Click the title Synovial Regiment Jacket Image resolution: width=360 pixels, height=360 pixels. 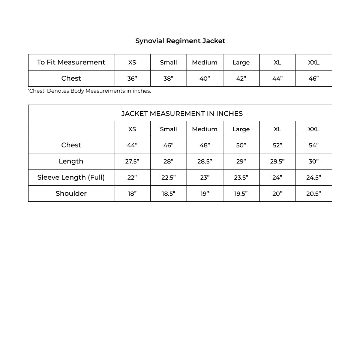pyautogui.click(x=180, y=41)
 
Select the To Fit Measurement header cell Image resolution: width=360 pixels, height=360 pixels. pyautogui.click(x=71, y=62)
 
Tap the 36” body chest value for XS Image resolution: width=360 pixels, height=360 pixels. pyautogui.click(x=132, y=78)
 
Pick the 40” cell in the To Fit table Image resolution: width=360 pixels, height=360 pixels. pyautogui.click(x=205, y=78)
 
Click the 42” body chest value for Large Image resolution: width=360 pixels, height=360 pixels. pyautogui.click(x=241, y=78)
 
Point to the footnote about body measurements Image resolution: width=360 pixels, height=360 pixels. pyautogui.click(x=90, y=91)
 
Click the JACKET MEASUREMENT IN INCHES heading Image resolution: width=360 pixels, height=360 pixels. pyautogui.click(x=182, y=113)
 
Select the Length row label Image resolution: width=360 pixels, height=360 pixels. pyautogui.click(x=71, y=161)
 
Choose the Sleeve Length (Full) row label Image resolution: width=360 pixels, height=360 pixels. pyautogui.click(x=71, y=177)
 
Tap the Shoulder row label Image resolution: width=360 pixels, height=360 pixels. pyautogui.click(x=71, y=193)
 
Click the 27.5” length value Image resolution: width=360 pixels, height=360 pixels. pyautogui.click(x=132, y=161)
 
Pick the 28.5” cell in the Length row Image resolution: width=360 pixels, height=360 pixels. pyautogui.click(x=205, y=161)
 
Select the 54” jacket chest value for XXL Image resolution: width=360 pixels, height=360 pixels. pyautogui.click(x=313, y=145)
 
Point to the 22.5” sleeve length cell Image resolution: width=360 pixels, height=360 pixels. pyautogui.click(x=168, y=177)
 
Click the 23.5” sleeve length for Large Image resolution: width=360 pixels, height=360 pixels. pyautogui.click(x=241, y=177)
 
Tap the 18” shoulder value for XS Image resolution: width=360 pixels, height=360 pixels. pyautogui.click(x=132, y=193)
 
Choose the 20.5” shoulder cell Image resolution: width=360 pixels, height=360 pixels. pyautogui.click(x=313, y=193)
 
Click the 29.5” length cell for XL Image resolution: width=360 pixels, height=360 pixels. pyautogui.click(x=277, y=161)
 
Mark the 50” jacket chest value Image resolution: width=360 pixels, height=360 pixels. pyautogui.click(x=241, y=145)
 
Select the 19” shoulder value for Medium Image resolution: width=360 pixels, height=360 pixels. pyautogui.click(x=205, y=193)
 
